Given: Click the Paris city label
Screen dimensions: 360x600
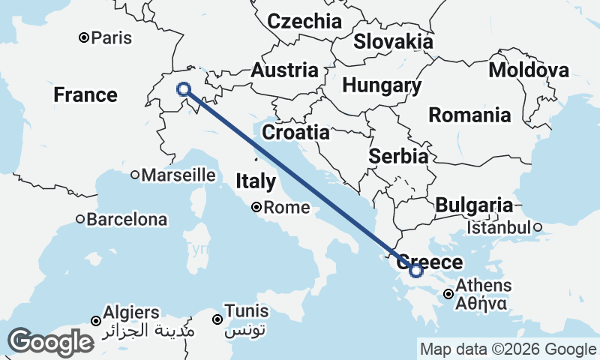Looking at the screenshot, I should (x=111, y=37).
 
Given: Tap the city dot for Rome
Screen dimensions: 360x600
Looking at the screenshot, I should (x=256, y=207).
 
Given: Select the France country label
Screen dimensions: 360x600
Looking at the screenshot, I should (x=85, y=95).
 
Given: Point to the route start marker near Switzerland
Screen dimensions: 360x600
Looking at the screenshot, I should (x=184, y=90).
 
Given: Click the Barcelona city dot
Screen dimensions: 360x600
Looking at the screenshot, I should (x=80, y=220).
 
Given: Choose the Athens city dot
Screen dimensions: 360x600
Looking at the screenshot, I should (x=448, y=294).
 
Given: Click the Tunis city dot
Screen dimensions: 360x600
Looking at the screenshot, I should (x=217, y=319).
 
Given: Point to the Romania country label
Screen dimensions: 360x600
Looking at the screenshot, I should (x=469, y=115).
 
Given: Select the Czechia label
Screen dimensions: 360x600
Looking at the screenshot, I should (x=304, y=22).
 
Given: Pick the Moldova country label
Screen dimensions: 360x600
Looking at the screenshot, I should (x=528, y=70).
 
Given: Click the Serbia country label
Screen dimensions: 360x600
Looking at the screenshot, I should (x=398, y=157).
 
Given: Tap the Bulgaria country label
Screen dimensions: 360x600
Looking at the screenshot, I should (x=474, y=205).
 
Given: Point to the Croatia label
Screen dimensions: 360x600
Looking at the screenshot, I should (x=295, y=133).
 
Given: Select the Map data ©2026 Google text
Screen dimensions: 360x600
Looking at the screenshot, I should (x=508, y=349).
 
